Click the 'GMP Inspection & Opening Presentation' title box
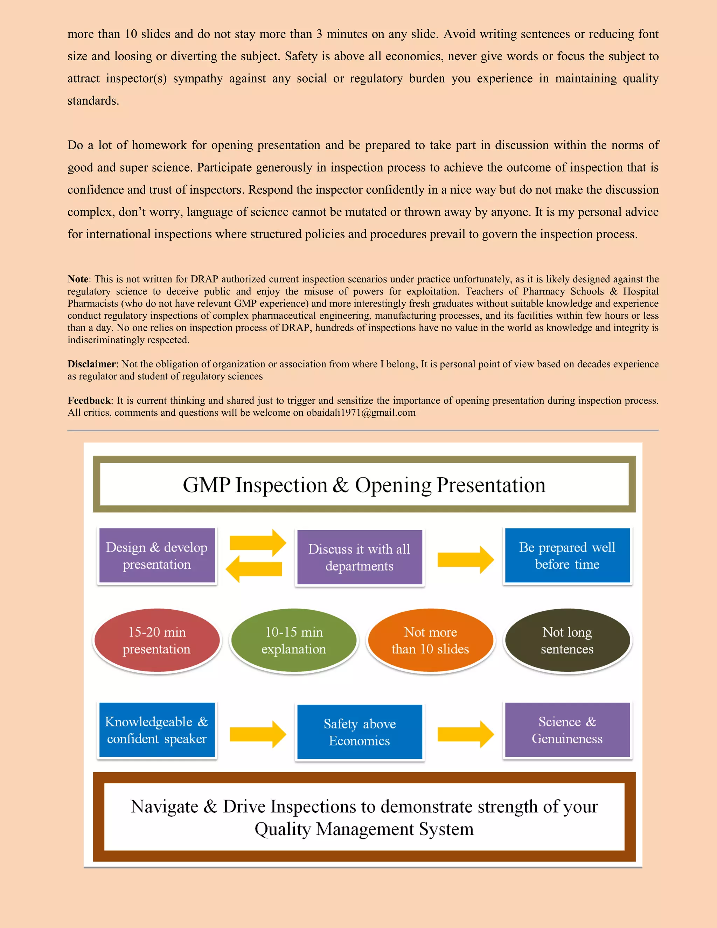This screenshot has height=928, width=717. [364, 484]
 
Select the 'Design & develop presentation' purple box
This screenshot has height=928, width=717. [157, 556]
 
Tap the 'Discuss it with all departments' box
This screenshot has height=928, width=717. [359, 558]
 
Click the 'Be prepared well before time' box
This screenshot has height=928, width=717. [567, 556]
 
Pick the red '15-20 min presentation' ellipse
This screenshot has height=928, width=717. [157, 640]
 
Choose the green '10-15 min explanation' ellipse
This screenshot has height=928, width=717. [293, 640]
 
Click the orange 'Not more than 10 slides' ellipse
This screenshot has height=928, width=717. [430, 640]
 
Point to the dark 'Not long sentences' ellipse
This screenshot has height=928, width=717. [567, 640]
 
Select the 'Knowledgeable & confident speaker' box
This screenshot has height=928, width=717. [157, 730]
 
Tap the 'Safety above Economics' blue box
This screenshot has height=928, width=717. [359, 732]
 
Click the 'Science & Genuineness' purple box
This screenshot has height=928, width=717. [567, 730]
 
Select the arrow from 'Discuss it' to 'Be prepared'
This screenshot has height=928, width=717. [466, 560]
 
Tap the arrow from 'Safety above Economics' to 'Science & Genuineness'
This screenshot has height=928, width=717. [466, 734]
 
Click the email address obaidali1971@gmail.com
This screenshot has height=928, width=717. [361, 413]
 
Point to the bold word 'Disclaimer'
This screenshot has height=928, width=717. [91, 364]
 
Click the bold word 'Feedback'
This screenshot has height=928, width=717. [89, 401]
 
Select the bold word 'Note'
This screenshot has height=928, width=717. [78, 279]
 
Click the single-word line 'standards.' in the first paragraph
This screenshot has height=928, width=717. [93, 101]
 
